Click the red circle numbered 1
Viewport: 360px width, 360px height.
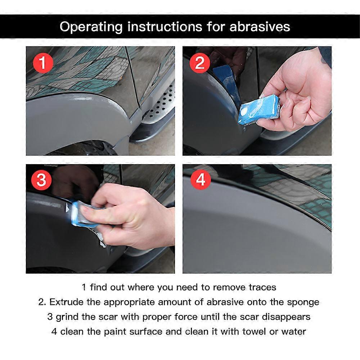point(43,63)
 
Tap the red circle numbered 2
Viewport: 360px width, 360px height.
point(200,63)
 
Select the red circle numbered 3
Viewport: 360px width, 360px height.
point(41,180)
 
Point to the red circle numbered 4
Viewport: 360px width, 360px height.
point(201,179)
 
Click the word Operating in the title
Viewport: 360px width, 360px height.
point(91,27)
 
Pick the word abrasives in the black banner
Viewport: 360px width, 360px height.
point(260,27)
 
